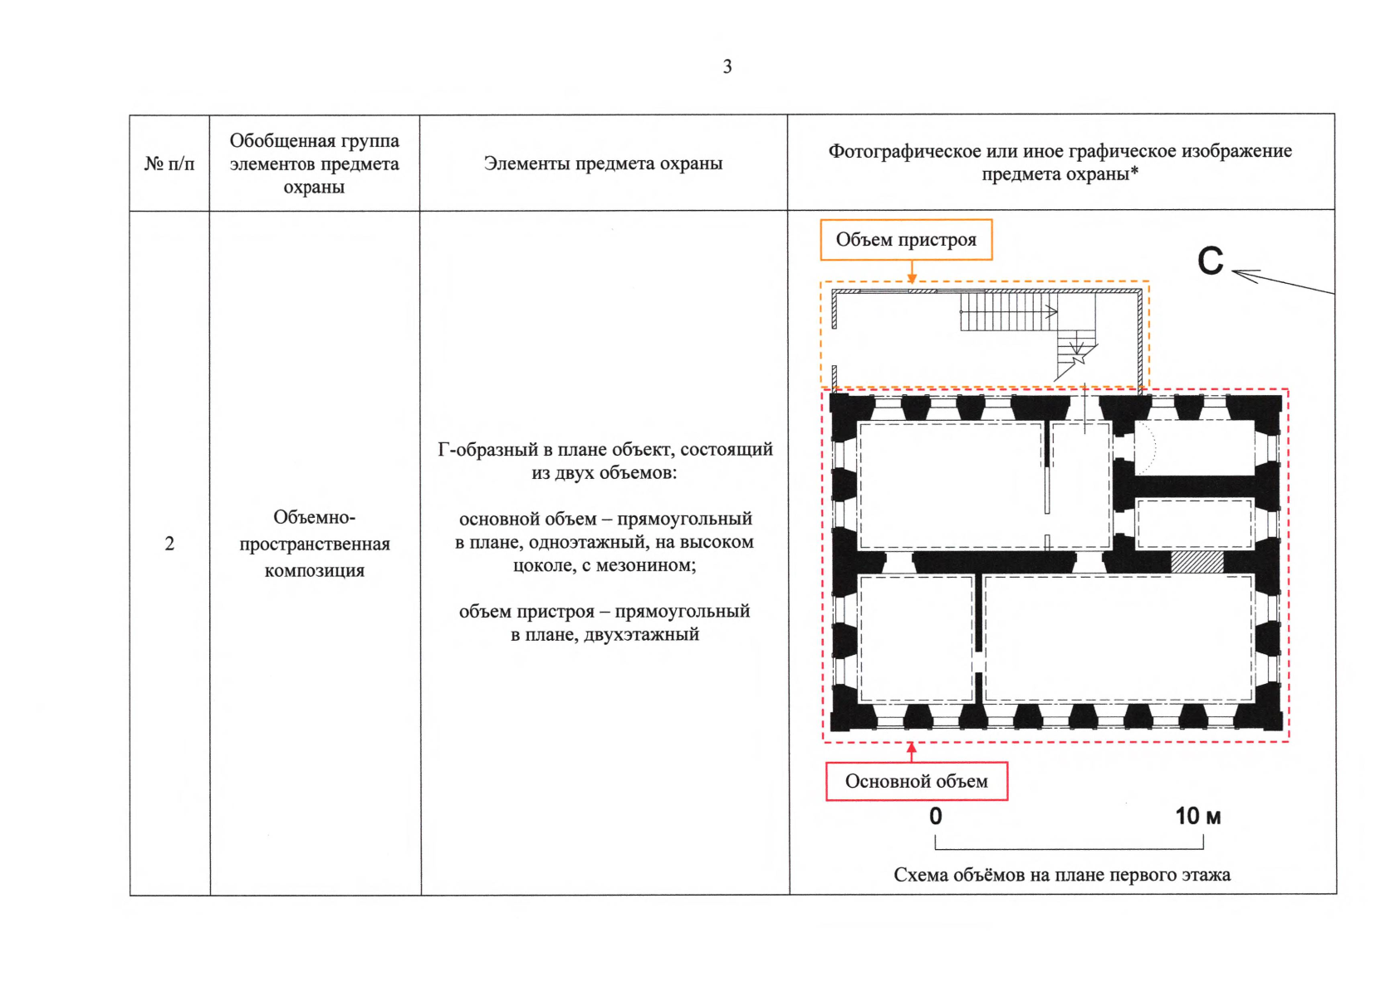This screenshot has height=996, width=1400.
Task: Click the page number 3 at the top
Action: [727, 66]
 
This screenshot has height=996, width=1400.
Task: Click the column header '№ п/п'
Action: [169, 164]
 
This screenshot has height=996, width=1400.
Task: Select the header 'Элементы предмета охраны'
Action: [603, 164]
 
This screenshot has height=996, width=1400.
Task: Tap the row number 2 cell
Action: [169, 544]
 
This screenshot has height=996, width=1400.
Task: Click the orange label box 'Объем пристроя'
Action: [906, 240]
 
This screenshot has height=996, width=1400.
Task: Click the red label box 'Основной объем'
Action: [916, 781]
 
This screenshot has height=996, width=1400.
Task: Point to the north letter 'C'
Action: [1210, 261]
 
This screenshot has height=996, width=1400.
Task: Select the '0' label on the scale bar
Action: [936, 816]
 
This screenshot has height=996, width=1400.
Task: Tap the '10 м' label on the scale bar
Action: [1197, 816]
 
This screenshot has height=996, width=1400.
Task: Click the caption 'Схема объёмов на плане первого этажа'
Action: [1061, 875]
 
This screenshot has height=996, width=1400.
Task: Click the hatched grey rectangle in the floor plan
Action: [1197, 562]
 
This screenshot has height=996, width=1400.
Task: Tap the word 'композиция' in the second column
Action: [314, 570]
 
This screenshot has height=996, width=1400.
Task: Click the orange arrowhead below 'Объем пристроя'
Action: [912, 278]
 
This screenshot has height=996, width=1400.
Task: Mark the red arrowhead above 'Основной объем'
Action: [912, 748]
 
